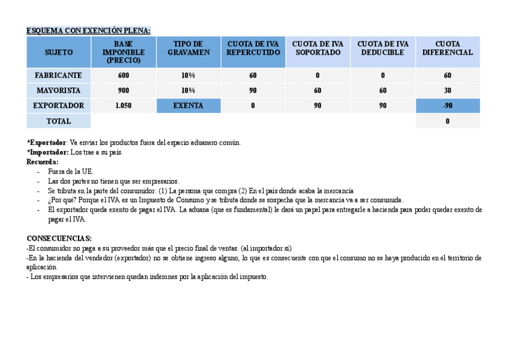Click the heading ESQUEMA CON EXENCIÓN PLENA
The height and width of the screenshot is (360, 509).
(x=88, y=31)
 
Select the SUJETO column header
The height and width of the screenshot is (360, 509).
(x=58, y=52)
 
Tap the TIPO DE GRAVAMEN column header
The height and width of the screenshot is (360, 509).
(x=188, y=48)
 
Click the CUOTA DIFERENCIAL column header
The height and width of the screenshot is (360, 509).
(x=447, y=48)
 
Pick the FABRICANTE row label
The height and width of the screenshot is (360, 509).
(x=58, y=76)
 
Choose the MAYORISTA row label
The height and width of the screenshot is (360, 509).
(x=58, y=91)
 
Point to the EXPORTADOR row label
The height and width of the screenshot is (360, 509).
(x=58, y=106)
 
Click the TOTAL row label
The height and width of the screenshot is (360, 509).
(x=58, y=121)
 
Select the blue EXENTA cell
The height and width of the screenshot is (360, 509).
(x=188, y=106)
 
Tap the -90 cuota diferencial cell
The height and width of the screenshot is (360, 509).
(x=447, y=106)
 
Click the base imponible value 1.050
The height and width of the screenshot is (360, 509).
(x=123, y=106)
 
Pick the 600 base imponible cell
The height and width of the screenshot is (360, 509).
(x=123, y=76)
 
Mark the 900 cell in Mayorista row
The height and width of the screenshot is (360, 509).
(x=123, y=91)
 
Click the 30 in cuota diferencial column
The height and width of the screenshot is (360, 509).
(x=447, y=91)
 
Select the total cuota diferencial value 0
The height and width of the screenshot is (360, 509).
(x=447, y=121)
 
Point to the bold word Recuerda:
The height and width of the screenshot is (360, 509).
(x=43, y=162)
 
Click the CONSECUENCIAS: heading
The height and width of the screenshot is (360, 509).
(x=59, y=238)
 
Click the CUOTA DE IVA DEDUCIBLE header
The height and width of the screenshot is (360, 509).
(x=382, y=48)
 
